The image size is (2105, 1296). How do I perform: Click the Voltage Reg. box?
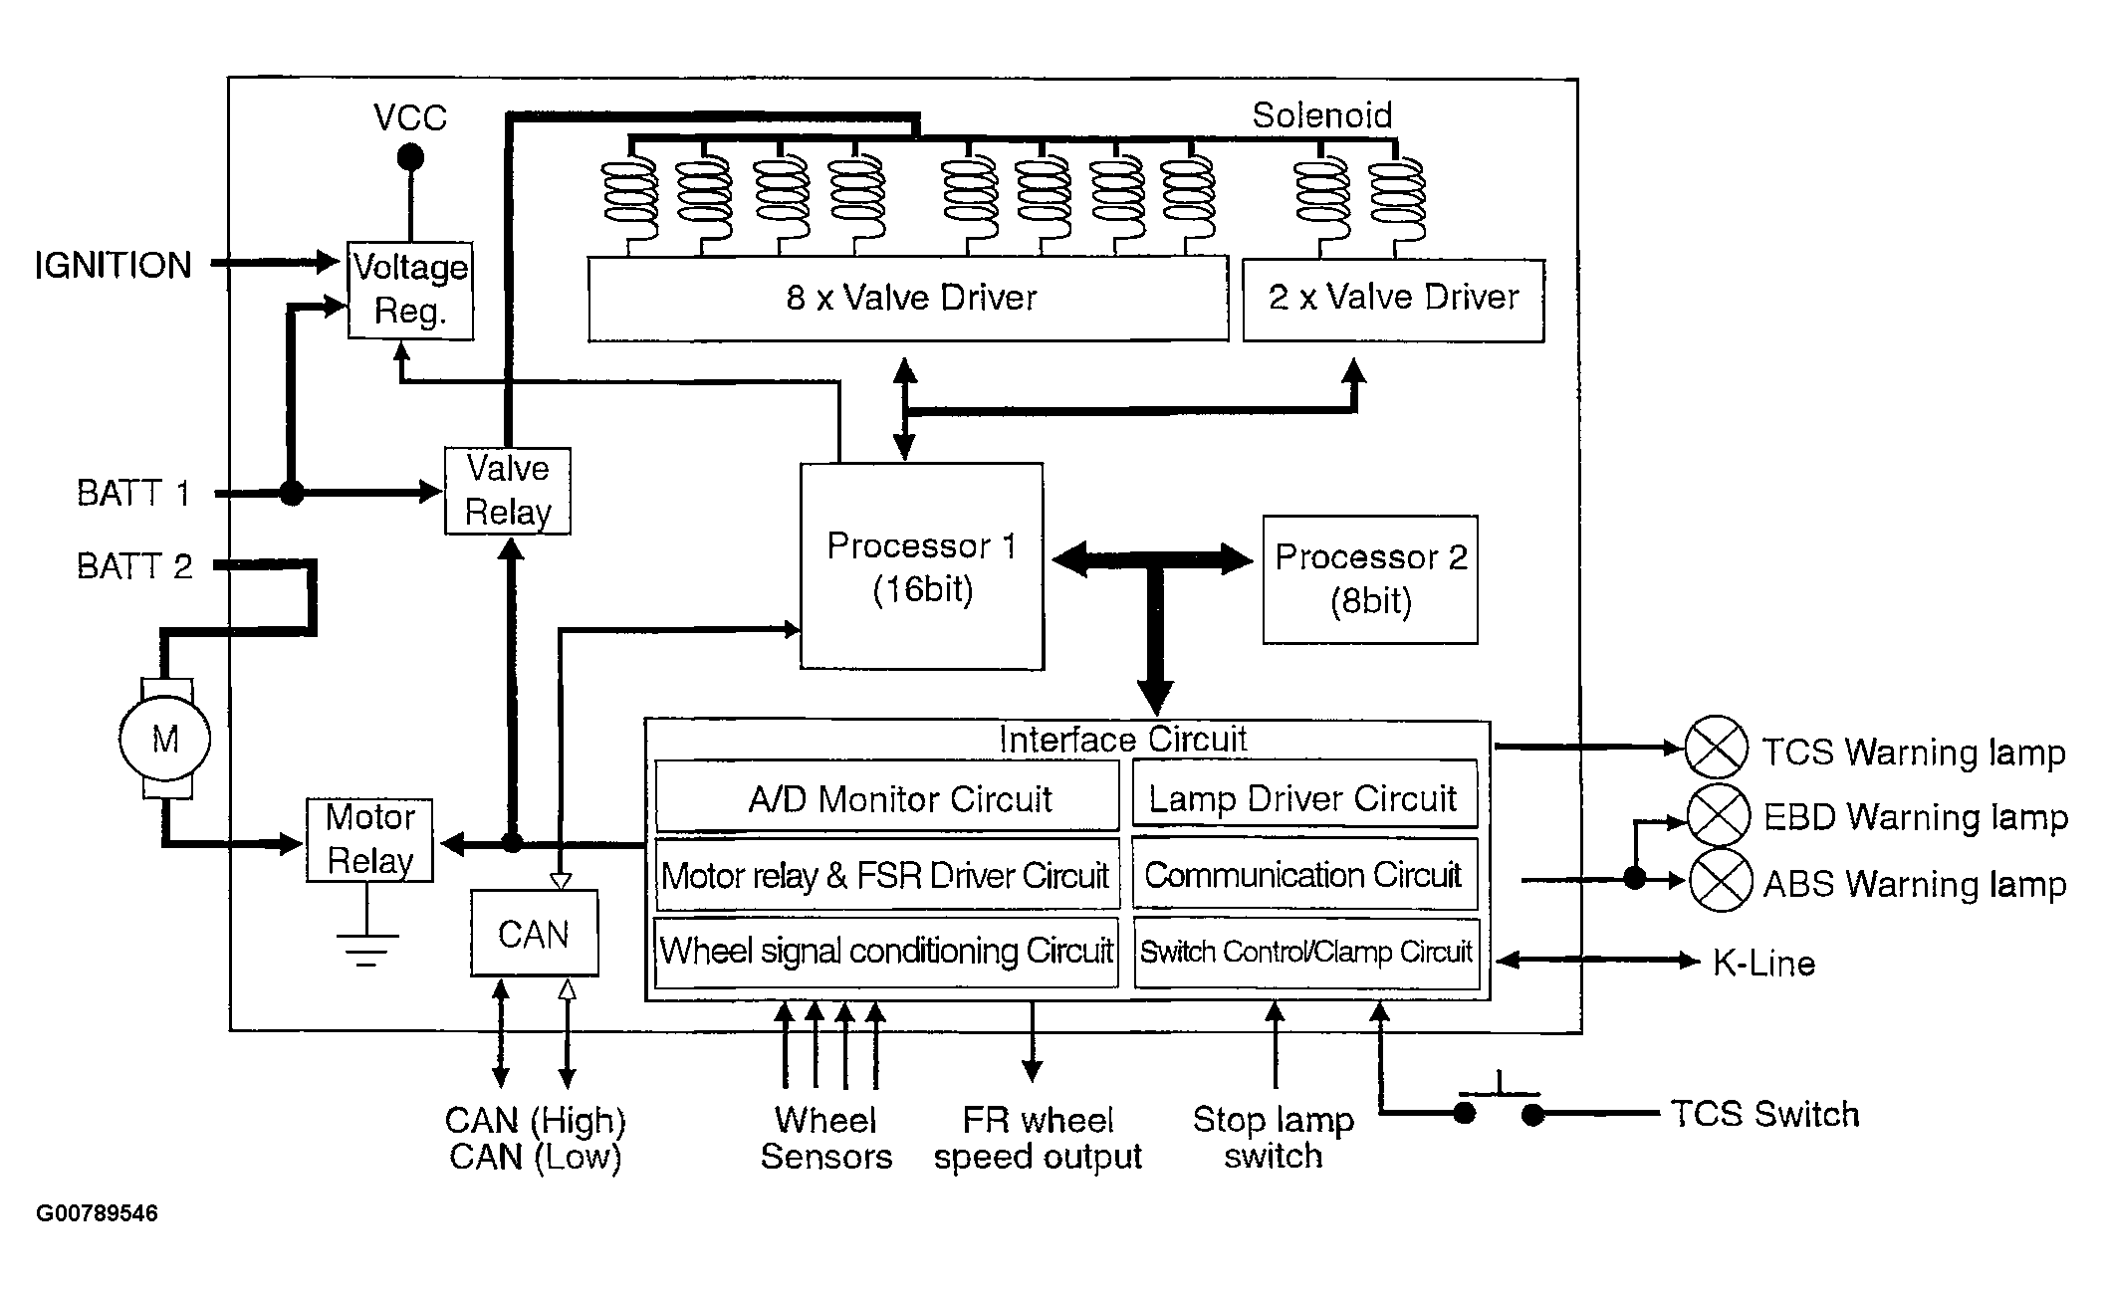[x=410, y=290]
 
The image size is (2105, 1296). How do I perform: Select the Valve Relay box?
[x=508, y=491]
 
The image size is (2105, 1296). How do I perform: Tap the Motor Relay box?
[x=369, y=839]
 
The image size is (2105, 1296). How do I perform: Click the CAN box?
[x=534, y=934]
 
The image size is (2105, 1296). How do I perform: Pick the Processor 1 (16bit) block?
[x=922, y=566]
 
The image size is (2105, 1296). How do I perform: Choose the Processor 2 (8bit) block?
[x=1370, y=579]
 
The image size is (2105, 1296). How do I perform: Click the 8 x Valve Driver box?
[x=908, y=299]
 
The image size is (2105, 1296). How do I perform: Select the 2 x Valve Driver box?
[x=1393, y=299]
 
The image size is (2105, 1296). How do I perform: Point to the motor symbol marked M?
[x=165, y=739]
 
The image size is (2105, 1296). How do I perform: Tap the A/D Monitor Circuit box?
[x=887, y=797]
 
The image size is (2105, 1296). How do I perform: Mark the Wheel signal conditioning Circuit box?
[x=887, y=952]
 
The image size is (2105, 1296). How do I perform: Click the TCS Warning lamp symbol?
[x=1716, y=747]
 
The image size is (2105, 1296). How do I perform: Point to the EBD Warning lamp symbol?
[x=1720, y=814]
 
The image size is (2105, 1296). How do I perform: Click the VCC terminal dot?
[x=410, y=157]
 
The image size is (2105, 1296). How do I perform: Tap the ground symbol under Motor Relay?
[x=367, y=948]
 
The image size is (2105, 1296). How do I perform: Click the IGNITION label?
[x=113, y=266]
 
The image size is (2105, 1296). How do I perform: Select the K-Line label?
[x=1763, y=963]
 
